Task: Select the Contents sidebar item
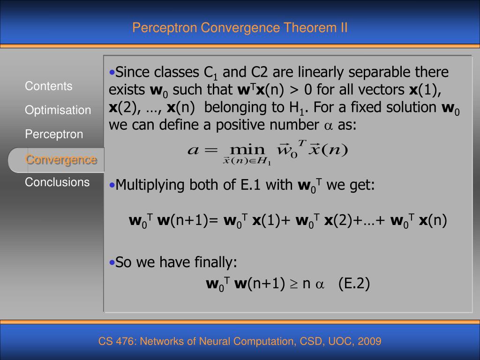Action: point(49,86)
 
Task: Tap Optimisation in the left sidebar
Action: point(58,110)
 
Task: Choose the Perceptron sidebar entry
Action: point(54,134)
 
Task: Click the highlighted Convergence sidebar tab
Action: point(61,159)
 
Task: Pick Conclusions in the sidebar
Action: point(57,182)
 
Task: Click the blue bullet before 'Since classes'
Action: point(112,73)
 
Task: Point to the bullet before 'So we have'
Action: point(112,262)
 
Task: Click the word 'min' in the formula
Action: point(247,150)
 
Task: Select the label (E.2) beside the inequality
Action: point(354,284)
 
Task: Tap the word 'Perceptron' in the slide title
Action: point(165,28)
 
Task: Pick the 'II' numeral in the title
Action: point(344,28)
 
